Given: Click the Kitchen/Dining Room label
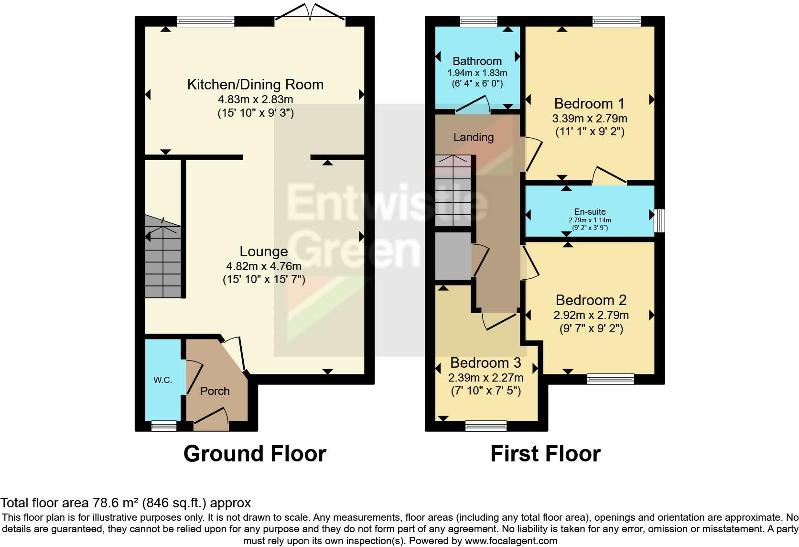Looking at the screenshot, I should pyautogui.click(x=255, y=85).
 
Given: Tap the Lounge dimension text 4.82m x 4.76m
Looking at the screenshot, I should pyautogui.click(x=264, y=266).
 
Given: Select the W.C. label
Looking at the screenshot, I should pyautogui.click(x=162, y=380).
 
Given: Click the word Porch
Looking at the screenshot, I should pyautogui.click(x=215, y=391).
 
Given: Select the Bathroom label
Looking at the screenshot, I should pyautogui.click(x=477, y=61).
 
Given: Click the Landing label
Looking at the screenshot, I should pyautogui.click(x=473, y=137).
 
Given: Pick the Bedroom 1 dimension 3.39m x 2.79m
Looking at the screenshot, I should pyautogui.click(x=590, y=118).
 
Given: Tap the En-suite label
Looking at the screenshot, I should pyautogui.click(x=590, y=211).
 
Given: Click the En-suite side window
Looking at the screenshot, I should pyautogui.click(x=659, y=220).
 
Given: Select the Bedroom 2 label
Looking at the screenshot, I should pyautogui.click(x=591, y=300).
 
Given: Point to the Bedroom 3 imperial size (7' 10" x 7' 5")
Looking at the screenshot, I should pyautogui.click(x=486, y=391).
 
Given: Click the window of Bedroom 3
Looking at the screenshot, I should pyautogui.click(x=486, y=425).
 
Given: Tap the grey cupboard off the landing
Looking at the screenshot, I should pyautogui.click(x=453, y=256).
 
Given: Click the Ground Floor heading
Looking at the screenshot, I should pyautogui.click(x=255, y=454).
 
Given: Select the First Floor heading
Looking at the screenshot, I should pyautogui.click(x=545, y=454).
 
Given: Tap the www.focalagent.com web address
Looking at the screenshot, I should pyautogui.click(x=511, y=541).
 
